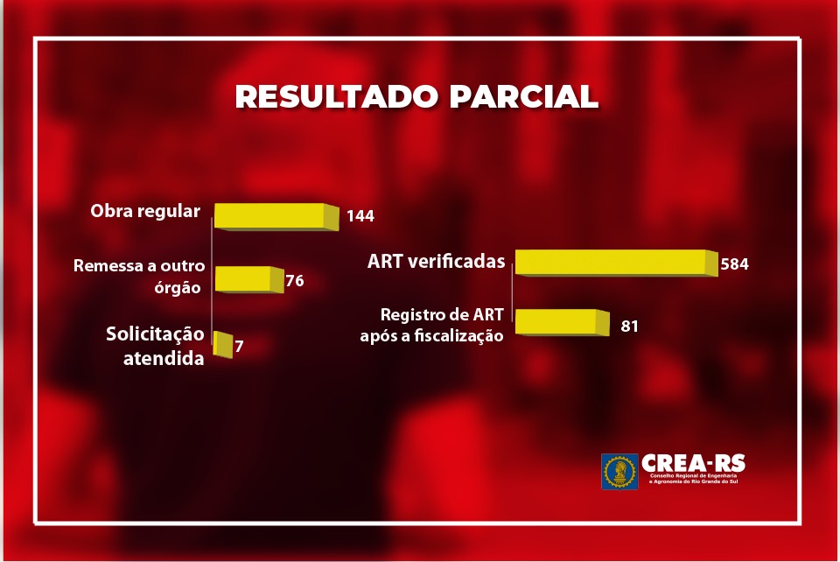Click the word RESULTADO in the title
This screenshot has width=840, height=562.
[337, 96]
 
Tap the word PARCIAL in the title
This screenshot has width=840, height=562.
[523, 96]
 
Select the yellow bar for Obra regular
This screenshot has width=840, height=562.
[276, 217]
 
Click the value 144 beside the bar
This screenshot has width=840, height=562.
[360, 216]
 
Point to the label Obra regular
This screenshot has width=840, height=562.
[145, 211]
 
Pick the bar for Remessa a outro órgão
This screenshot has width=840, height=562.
[249, 279]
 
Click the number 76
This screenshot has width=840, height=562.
[295, 281]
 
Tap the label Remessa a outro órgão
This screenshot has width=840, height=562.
[139, 277]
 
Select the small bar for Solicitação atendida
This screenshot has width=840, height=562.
[223, 345]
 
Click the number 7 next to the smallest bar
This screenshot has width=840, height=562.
[239, 346]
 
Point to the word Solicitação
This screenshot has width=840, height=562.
[155, 334]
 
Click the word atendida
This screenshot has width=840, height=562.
[164, 358]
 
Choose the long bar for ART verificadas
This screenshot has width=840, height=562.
[616, 263]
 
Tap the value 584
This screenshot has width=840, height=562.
[734, 264]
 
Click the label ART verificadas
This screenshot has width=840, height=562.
[436, 262]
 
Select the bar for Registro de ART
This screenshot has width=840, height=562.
[562, 322]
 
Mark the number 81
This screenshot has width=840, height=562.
[629, 327]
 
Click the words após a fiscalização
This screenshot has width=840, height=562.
[431, 336]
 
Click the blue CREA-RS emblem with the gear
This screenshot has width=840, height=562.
[619, 472]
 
